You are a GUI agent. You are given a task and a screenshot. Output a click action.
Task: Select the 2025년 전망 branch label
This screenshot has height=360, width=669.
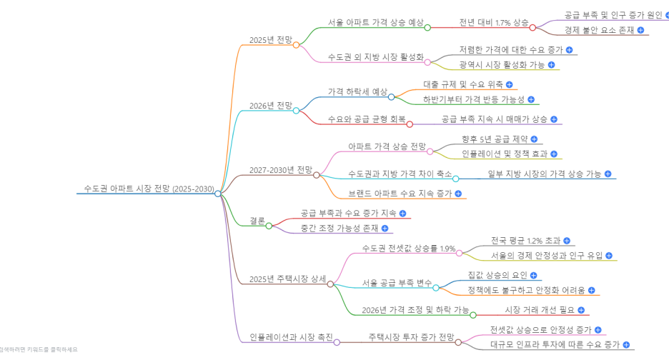pyautogui.click(x=270, y=40)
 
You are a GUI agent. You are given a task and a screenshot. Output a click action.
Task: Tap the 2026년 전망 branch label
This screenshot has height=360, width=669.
pyautogui.click(x=270, y=106)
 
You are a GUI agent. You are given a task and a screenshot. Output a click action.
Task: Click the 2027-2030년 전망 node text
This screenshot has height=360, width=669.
pyautogui.click(x=280, y=171)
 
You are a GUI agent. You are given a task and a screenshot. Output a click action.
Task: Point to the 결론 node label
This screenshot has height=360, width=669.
pyautogui.click(x=257, y=221)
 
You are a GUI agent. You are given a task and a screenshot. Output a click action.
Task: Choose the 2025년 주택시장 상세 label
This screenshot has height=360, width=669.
pyautogui.click(x=287, y=279)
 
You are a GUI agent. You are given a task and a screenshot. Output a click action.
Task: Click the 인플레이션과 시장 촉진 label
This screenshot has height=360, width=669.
pyautogui.click(x=291, y=336)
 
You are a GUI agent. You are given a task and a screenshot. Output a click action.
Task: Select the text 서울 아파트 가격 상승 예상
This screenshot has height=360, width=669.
pyautogui.click(x=375, y=23)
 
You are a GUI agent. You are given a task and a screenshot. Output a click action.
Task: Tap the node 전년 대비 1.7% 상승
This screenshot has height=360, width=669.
pyautogui.click(x=494, y=23)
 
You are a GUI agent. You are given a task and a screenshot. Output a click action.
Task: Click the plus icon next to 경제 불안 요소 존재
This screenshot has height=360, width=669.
pyautogui.click(x=640, y=30)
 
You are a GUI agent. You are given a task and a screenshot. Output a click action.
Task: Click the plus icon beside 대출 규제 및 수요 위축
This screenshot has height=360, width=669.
pyautogui.click(x=509, y=84)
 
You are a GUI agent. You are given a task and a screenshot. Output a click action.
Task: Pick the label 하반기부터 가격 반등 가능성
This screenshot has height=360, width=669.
pyautogui.click(x=473, y=99)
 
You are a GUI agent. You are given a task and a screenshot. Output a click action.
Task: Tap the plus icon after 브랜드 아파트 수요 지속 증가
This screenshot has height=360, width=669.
pyautogui.click(x=458, y=194)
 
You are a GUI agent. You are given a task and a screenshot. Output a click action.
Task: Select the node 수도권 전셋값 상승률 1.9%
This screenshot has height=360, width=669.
pyautogui.click(x=409, y=249)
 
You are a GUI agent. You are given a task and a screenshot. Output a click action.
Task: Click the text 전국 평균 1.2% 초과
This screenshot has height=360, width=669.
pyautogui.click(x=525, y=241)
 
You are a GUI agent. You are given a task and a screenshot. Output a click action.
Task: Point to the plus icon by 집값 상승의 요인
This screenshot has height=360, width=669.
pyautogui.click(x=533, y=275)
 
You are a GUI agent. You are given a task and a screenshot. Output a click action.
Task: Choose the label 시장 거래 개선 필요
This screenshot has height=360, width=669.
pyautogui.click(x=540, y=310)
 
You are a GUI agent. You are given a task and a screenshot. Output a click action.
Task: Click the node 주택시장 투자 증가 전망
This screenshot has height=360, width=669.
pyautogui.click(x=411, y=336)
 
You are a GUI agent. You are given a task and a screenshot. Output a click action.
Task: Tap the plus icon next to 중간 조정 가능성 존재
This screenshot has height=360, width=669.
pyautogui.click(x=385, y=229)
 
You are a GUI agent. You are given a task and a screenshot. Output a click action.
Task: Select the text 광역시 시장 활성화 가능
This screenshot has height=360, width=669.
pyautogui.click(x=502, y=65)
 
